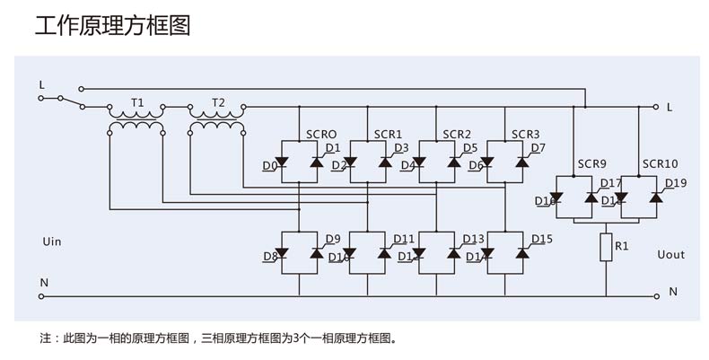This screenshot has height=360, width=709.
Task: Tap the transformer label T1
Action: [x=137, y=102]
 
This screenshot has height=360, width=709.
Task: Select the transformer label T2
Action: [x=218, y=102]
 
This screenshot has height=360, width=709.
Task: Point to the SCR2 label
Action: [x=457, y=134]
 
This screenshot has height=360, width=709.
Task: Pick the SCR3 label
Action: [x=526, y=134]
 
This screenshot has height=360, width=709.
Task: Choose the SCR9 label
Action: [x=591, y=163]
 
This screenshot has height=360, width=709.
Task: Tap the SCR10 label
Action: [x=661, y=163]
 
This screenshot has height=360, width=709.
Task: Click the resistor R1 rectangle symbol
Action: [x=606, y=246]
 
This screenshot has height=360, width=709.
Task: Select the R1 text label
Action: [x=621, y=244]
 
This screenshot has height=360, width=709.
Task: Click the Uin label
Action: [x=52, y=241]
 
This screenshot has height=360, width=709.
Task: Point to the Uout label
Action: [x=670, y=254]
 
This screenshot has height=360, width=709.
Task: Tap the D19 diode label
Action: [x=677, y=184]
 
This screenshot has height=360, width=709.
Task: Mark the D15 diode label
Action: [x=542, y=239]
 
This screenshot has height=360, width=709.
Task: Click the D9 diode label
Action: [x=332, y=239]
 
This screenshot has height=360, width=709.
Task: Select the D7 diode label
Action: [x=538, y=147]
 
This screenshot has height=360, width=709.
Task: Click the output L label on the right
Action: [x=669, y=107]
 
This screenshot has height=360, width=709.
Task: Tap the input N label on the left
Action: [x=43, y=283]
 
